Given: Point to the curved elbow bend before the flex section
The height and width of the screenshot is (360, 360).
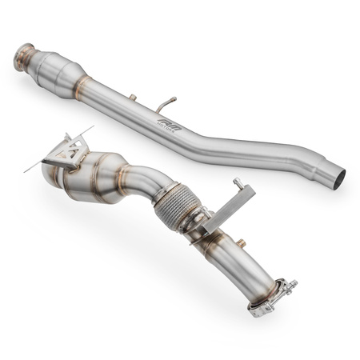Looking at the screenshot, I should [x=148, y=181].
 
